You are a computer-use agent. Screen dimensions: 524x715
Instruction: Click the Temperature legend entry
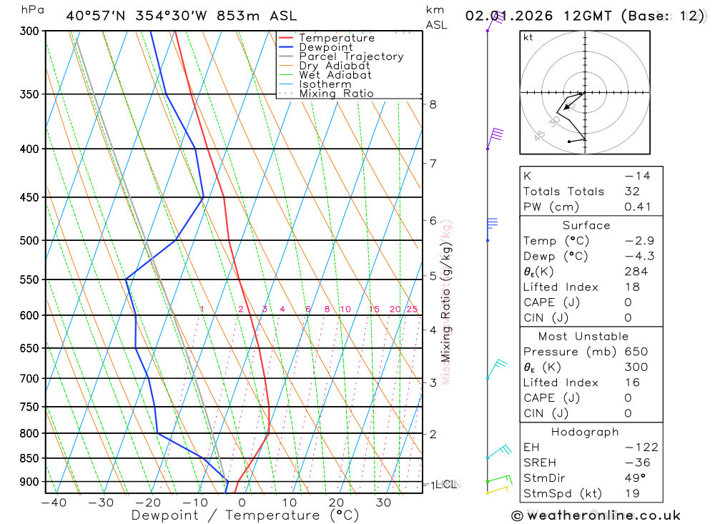tap(336, 38)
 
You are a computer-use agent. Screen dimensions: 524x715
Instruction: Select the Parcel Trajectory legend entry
tap(351, 56)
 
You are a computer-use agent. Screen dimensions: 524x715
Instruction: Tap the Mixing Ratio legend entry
tap(336, 94)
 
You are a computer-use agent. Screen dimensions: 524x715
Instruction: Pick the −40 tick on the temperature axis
tap(54, 503)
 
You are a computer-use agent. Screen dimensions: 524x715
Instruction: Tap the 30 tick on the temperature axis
tap(383, 503)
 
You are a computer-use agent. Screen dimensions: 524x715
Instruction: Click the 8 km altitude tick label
tap(433, 104)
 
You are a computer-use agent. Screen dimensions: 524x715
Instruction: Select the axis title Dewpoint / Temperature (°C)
tap(245, 515)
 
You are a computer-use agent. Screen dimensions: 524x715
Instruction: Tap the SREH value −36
tap(636, 463)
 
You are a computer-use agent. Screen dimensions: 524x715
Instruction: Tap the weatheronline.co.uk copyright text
tap(596, 515)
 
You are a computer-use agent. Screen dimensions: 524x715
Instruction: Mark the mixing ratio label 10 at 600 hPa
tap(345, 310)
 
